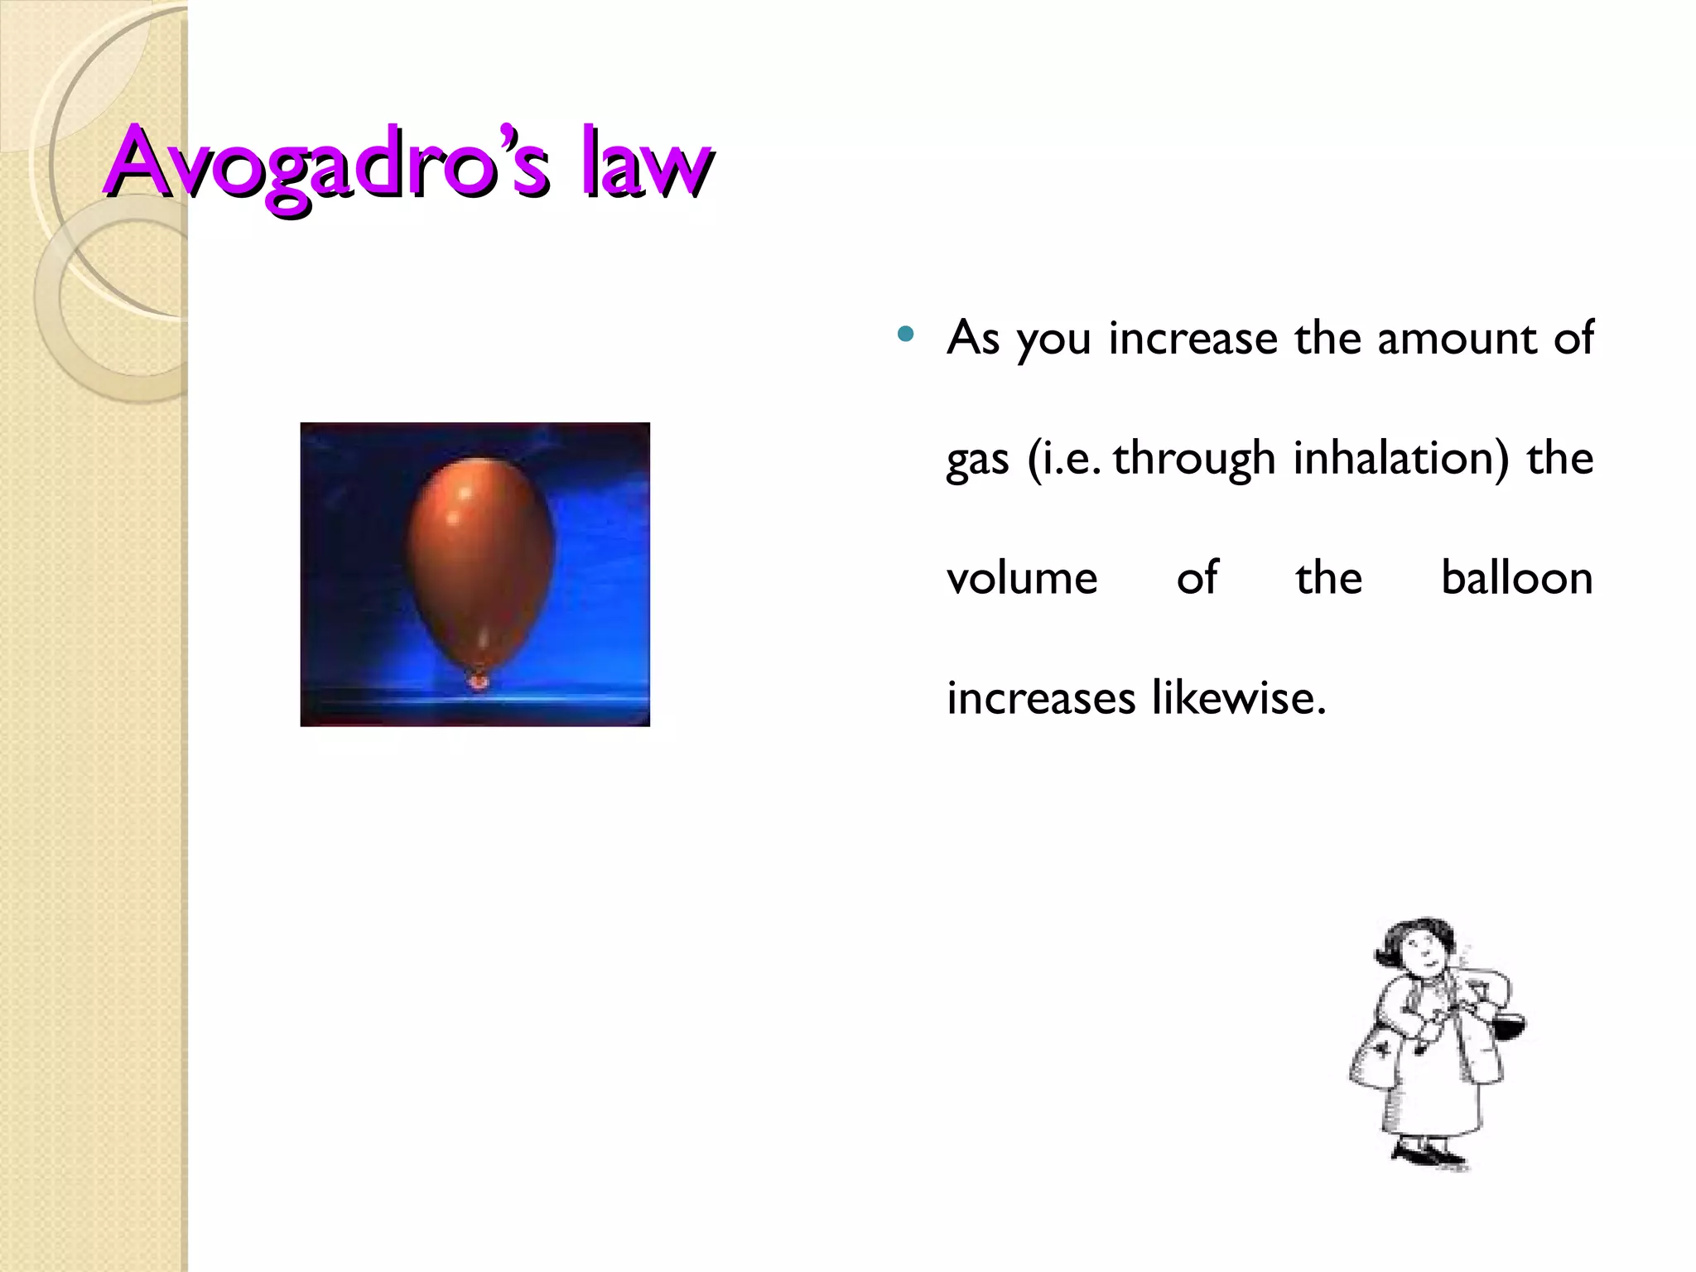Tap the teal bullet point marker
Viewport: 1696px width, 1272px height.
(905, 335)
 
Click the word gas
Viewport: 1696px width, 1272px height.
(977, 460)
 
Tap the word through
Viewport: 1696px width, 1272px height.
(1193, 460)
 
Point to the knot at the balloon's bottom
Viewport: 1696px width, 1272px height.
(478, 681)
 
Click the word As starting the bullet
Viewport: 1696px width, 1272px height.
(973, 339)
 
